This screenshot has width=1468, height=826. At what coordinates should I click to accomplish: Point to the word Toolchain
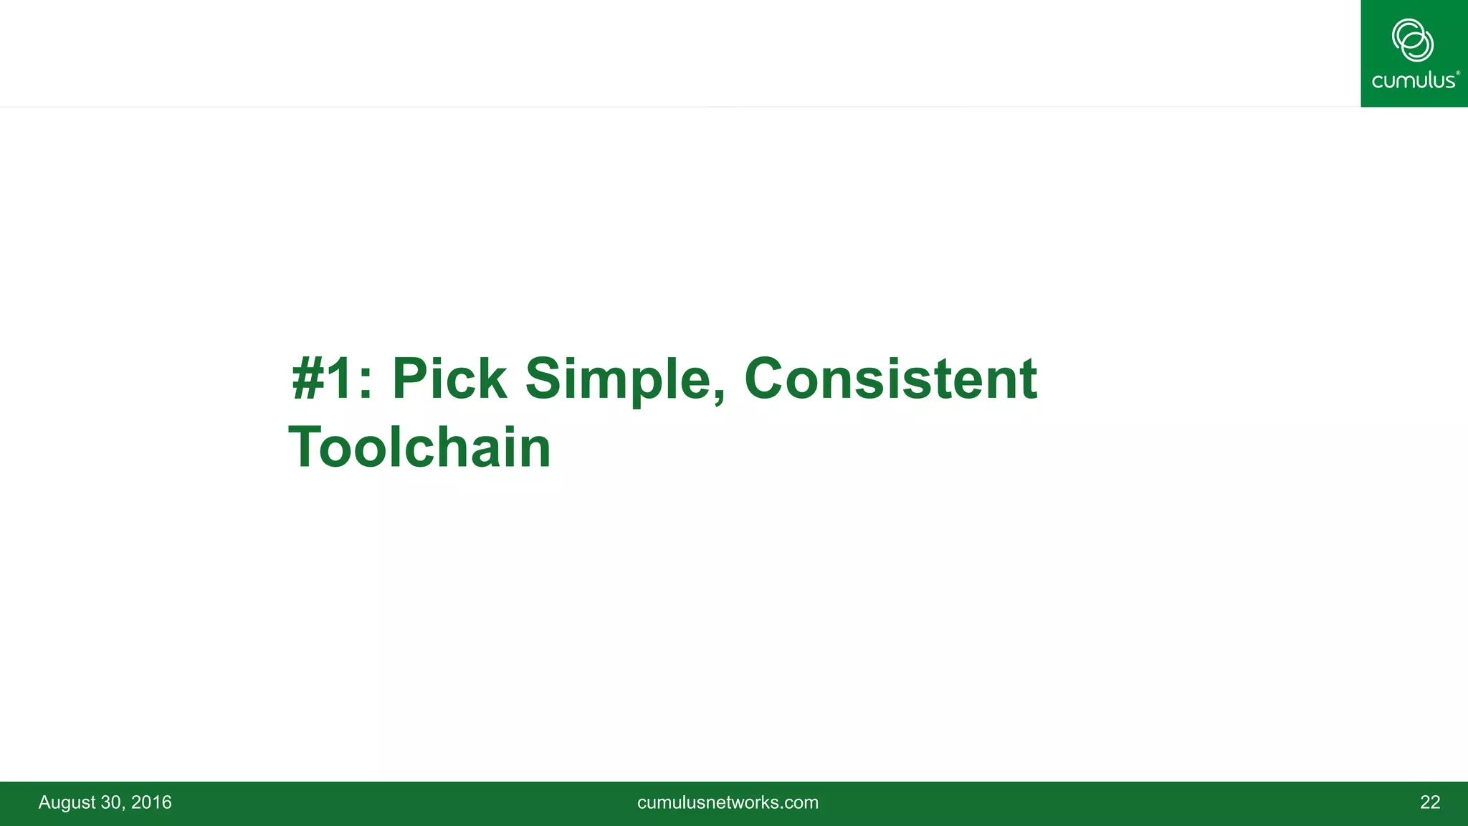click(419, 447)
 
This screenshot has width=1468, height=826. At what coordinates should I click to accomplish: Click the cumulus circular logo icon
click(1413, 40)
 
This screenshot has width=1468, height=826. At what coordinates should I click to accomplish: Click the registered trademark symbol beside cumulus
click(1458, 73)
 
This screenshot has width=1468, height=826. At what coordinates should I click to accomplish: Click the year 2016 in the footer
click(151, 802)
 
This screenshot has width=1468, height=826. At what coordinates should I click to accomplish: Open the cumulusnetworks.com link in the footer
click(728, 802)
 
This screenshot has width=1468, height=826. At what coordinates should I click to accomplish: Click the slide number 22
click(1429, 802)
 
